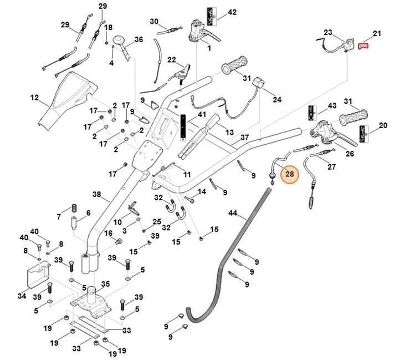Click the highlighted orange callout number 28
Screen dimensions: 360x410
[290, 175]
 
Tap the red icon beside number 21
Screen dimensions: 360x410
[363, 47]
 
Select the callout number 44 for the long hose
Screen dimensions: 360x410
[232, 214]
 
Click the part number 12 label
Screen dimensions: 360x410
[34, 98]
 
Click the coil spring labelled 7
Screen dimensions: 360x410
[71, 210]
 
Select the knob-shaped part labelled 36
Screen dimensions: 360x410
[120, 43]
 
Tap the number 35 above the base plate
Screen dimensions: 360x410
[105, 284]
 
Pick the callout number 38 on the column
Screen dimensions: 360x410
[96, 195]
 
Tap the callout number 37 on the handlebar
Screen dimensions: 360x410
[244, 137]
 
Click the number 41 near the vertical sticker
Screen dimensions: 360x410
[201, 115]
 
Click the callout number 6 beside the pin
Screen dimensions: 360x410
[88, 214]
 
